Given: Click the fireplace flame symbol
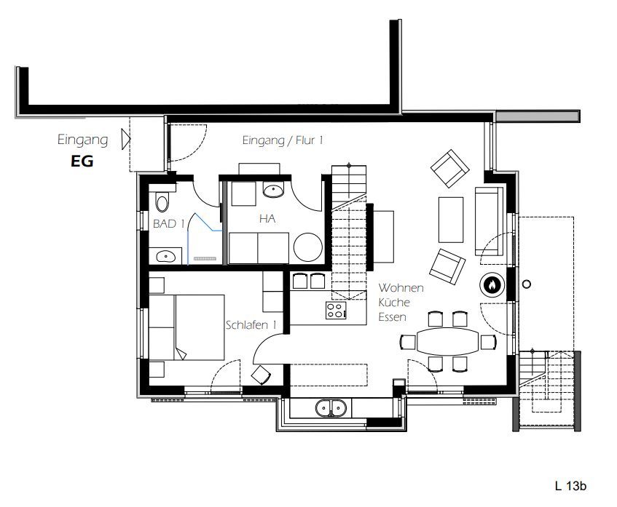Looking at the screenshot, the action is pyautogui.click(x=492, y=284).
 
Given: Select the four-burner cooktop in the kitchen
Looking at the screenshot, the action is pyautogui.click(x=336, y=310).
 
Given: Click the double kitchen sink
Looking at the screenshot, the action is pyautogui.click(x=331, y=407).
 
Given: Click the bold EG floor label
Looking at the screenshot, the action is pyautogui.click(x=82, y=161).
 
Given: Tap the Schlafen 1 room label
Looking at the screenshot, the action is pyautogui.click(x=251, y=325).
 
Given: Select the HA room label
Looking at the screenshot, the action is pyautogui.click(x=267, y=218).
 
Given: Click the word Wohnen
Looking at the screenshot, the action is pyautogui.click(x=401, y=288).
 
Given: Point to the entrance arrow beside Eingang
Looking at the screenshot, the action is pyautogui.click(x=125, y=139).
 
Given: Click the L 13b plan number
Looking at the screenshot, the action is pyautogui.click(x=570, y=486).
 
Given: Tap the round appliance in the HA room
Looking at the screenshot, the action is pyautogui.click(x=307, y=247).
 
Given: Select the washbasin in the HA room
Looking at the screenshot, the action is pyautogui.click(x=273, y=191).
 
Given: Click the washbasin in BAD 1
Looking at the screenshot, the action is pyautogui.click(x=165, y=257).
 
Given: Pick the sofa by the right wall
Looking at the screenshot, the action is pyautogui.click(x=489, y=221).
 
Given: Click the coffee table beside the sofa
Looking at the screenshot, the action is pyautogui.click(x=451, y=220).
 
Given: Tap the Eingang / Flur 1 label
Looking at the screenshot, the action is pyautogui.click(x=283, y=140).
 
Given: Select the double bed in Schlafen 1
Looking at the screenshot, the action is pyautogui.click(x=186, y=327).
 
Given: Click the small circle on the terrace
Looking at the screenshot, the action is pyautogui.click(x=527, y=284).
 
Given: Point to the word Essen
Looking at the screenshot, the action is pyautogui.click(x=393, y=316).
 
